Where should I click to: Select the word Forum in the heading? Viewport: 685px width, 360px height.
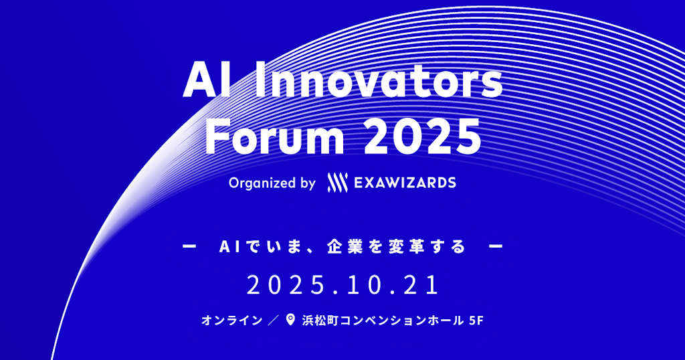[275, 138]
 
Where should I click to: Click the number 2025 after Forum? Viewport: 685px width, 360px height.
[421, 138]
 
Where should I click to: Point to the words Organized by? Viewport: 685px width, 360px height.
[272, 183]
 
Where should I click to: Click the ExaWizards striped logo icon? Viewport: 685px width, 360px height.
[338, 183]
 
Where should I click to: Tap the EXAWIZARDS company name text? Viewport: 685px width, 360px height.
[405, 183]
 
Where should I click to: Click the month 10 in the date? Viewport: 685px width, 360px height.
[358, 285]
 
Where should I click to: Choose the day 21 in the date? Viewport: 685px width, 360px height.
[422, 285]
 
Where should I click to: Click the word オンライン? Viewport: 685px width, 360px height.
[232, 321]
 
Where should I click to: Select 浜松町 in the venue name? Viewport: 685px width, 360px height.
[320, 321]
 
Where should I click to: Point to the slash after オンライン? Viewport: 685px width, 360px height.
[274, 321]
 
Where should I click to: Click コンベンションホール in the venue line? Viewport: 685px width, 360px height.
[401, 321]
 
